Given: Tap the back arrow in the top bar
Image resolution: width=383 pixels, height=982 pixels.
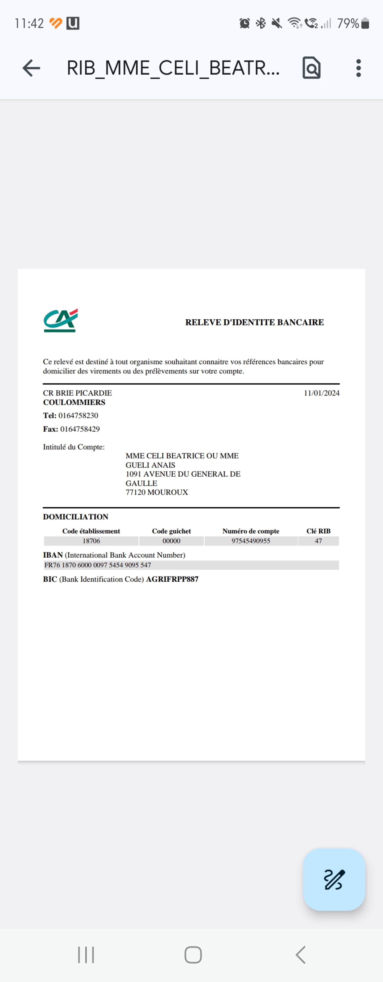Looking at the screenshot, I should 31,68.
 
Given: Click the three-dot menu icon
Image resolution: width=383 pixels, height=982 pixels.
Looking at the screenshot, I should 358,68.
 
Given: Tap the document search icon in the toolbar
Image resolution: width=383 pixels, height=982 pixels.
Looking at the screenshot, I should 311,68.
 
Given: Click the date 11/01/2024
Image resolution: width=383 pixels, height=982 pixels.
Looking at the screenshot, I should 321,393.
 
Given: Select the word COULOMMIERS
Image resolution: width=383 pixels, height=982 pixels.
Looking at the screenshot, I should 74,402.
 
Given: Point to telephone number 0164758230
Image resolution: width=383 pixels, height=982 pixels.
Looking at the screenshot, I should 78,415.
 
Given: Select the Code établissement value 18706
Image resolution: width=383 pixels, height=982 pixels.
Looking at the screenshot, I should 91,541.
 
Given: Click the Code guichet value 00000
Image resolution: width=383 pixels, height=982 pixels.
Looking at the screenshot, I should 172,541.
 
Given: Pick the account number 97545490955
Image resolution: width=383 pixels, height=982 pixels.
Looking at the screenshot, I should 251,541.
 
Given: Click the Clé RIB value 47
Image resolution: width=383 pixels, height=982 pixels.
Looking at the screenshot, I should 318,541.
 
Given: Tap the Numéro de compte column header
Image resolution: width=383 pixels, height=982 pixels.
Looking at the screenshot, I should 251,531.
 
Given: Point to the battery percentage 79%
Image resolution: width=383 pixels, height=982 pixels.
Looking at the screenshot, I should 348,24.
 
